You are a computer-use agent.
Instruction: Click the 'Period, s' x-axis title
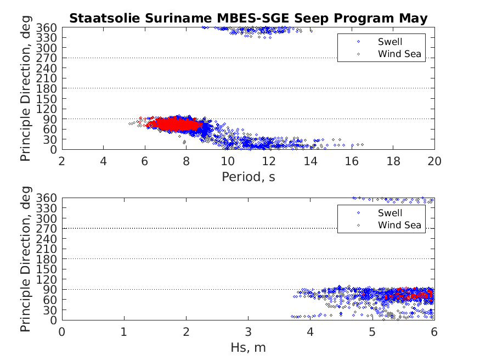click(x=248, y=177)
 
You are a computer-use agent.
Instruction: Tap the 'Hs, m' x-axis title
click(x=248, y=347)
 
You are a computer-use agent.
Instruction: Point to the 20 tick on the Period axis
click(x=434, y=161)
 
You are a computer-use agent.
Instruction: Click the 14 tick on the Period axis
click(x=310, y=161)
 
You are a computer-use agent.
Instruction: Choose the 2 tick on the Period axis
click(x=62, y=161)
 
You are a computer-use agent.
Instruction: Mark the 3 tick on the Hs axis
click(x=248, y=331)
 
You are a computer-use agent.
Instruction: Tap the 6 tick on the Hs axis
click(x=434, y=331)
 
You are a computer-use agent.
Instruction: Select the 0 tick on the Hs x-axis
click(x=62, y=331)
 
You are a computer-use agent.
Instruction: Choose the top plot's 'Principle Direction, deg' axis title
click(x=26, y=88)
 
